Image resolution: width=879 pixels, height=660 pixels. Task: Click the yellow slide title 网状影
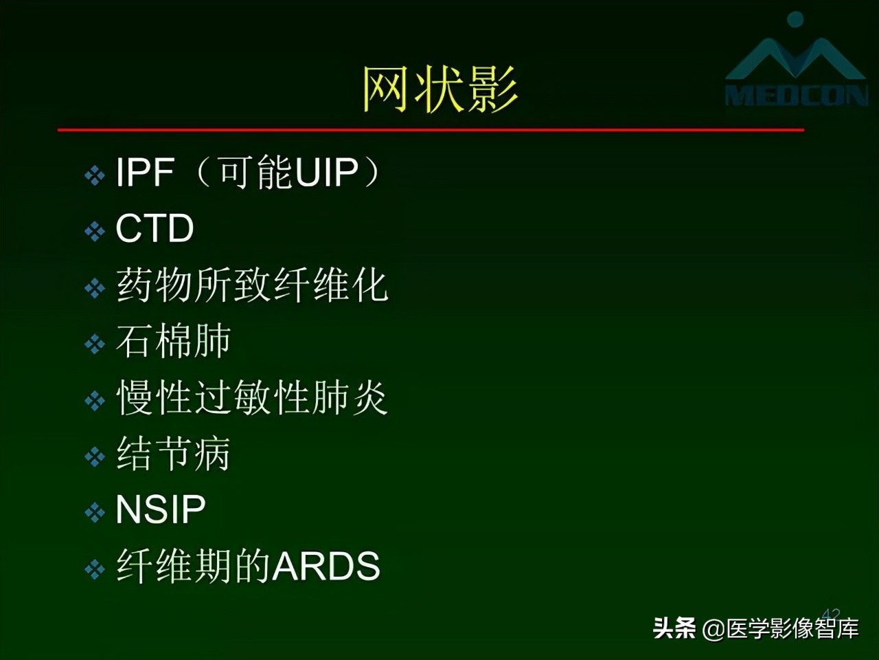(439, 89)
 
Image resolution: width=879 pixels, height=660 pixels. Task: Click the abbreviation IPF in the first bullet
(144, 172)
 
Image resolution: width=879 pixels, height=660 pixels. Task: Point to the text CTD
(155, 228)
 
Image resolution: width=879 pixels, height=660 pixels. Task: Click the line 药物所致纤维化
(252, 285)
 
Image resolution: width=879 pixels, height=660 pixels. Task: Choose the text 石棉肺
(173, 341)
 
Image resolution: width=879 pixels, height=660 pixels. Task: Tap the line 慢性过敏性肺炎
(252, 397)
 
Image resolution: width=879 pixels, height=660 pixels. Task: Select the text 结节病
(173, 454)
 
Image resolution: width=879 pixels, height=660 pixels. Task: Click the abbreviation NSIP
(161, 510)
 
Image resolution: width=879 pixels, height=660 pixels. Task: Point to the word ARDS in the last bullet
(327, 566)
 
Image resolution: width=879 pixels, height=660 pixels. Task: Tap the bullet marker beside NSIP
(94, 513)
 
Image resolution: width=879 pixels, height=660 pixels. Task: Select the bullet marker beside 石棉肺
(94, 344)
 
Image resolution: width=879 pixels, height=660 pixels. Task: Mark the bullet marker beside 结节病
(94, 456)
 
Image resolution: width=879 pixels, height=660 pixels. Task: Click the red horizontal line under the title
(431, 129)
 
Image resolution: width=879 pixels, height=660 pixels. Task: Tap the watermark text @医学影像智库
(781, 628)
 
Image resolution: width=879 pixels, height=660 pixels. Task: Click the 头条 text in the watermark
(674, 628)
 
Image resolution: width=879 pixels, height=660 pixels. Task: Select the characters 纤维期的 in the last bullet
(194, 566)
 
